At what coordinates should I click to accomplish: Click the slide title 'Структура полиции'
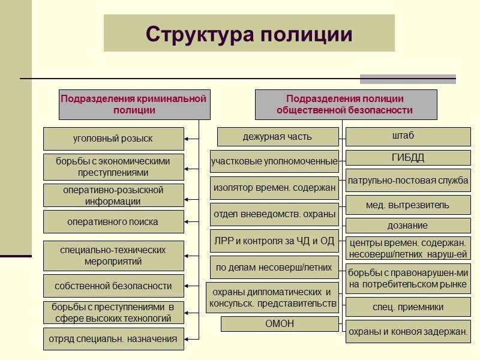pyautogui.click(x=249, y=34)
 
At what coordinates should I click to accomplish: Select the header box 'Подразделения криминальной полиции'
pyautogui.click(x=133, y=104)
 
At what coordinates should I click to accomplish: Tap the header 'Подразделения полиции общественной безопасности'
pyautogui.click(x=345, y=104)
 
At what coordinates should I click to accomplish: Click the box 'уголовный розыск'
pyautogui.click(x=113, y=139)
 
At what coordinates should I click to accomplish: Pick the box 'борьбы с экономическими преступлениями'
pyautogui.click(x=113, y=167)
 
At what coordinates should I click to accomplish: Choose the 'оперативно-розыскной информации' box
pyautogui.click(x=113, y=195)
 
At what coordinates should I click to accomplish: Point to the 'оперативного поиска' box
pyautogui.click(x=113, y=221)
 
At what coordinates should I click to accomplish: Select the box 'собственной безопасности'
pyautogui.click(x=113, y=286)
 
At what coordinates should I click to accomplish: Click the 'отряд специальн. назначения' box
pyautogui.click(x=113, y=338)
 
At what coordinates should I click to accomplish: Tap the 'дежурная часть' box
pyautogui.click(x=277, y=137)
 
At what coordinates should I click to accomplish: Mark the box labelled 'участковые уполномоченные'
pyautogui.click(x=274, y=161)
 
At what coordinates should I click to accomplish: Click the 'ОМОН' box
pyautogui.click(x=280, y=324)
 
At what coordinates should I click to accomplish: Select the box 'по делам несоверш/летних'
pyautogui.click(x=274, y=267)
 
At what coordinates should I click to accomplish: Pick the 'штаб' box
pyautogui.click(x=407, y=136)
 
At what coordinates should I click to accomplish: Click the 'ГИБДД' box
pyautogui.click(x=407, y=158)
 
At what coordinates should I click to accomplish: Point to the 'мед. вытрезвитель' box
pyautogui.click(x=407, y=205)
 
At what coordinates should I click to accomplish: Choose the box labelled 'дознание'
pyautogui.click(x=407, y=226)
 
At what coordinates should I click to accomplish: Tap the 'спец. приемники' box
pyautogui.click(x=407, y=307)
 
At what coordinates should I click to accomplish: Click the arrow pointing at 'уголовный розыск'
pyautogui.click(x=191, y=139)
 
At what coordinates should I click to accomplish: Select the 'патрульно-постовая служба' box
pyautogui.click(x=407, y=181)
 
